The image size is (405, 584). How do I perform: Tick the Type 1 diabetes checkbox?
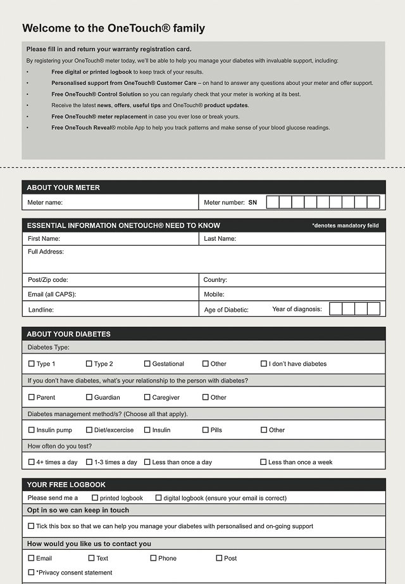pos(32,364)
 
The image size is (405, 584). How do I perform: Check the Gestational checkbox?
pos(147,364)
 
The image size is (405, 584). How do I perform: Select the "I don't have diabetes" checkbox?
pos(264,364)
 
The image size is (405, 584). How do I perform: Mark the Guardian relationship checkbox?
pos(89,397)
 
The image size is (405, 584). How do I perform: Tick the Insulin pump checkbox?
pos(32,429)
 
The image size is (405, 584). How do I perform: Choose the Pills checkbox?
pos(206,429)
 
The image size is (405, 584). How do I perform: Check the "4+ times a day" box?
pos(32,462)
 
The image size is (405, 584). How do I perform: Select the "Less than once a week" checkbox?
pos(263,462)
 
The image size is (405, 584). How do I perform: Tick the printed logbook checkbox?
pos(95,498)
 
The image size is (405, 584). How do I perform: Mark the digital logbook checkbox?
pos(159,498)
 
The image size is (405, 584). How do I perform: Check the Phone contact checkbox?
pos(153,558)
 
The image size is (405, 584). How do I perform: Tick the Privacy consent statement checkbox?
pos(32,573)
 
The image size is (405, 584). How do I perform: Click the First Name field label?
pos(44,239)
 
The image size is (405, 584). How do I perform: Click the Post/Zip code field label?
pos(47,280)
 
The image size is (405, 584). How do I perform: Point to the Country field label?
pos(215,280)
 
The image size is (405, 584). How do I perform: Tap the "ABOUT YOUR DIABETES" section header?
pos(68,334)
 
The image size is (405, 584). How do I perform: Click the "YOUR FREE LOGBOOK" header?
pos(66,485)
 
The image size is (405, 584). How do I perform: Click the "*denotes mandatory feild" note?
pos(345,225)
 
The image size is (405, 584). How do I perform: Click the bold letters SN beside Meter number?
pos(252,203)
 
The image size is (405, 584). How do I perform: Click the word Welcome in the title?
pos(45,28)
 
